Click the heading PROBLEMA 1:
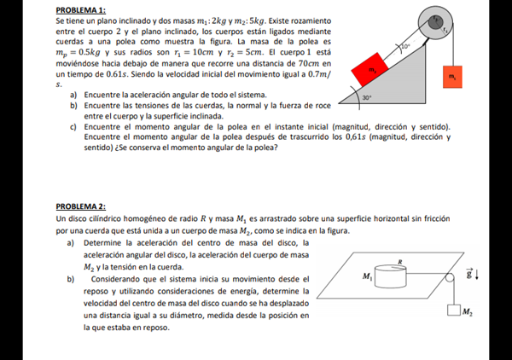[80, 9]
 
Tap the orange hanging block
[451, 76]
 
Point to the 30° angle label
[366, 99]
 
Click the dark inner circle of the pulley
[437, 19]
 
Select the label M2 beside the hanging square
[467, 313]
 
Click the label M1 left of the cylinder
[367, 276]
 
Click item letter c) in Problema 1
[74, 126]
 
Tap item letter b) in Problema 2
[70, 279]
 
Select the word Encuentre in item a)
[103, 95]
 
